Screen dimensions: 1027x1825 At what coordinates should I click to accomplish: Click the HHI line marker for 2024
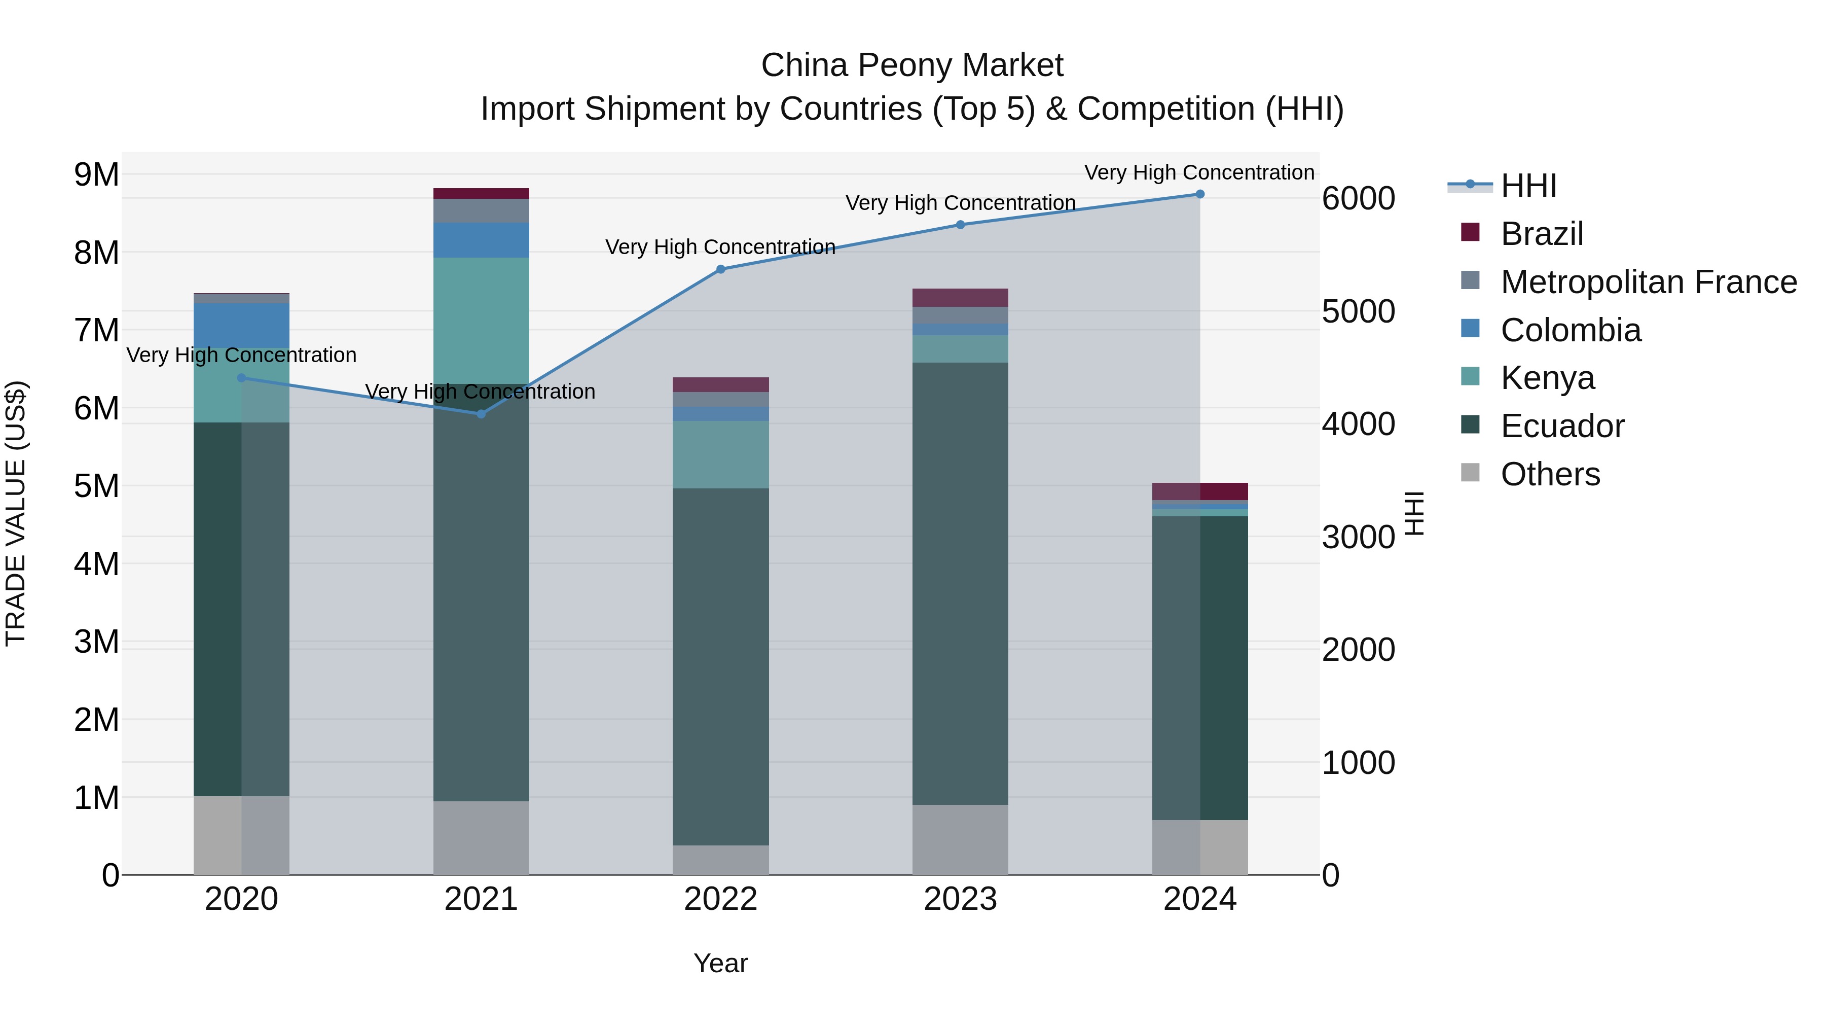(1199, 194)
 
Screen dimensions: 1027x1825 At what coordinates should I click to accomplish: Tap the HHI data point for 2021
(481, 414)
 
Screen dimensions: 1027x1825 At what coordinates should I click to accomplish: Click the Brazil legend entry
(1542, 234)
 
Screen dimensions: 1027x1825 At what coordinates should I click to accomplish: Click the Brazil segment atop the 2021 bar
(481, 194)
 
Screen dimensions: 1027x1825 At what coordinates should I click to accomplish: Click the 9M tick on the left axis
(96, 175)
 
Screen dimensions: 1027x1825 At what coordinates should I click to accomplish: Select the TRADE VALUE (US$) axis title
(16, 513)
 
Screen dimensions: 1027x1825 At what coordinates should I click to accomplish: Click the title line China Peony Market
(912, 66)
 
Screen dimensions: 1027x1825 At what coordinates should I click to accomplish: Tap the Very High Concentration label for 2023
(960, 203)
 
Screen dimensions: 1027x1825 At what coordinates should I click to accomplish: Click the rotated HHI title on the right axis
(1413, 513)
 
